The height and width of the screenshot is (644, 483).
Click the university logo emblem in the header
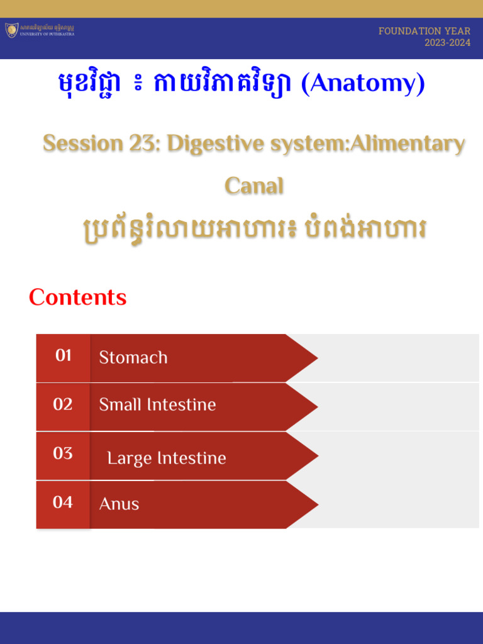coord(12,30)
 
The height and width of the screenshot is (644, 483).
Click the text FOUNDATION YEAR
coord(424,31)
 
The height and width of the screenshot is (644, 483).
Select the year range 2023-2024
coord(447,43)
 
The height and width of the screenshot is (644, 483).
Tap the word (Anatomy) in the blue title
coord(363,84)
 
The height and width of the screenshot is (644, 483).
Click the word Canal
coord(254,186)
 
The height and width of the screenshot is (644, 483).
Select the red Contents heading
coord(77,297)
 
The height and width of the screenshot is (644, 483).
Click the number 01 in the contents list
coord(63,356)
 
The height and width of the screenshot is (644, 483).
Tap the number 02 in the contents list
coord(63,404)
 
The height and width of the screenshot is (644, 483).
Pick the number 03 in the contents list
coord(63,453)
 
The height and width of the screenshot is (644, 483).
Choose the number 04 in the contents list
coord(63,502)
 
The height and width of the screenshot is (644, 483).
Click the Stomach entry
coord(133,358)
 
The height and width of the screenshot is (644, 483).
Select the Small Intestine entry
coord(157,405)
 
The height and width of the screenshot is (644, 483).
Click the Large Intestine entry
coord(167,458)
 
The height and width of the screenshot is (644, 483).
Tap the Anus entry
coord(119,504)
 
